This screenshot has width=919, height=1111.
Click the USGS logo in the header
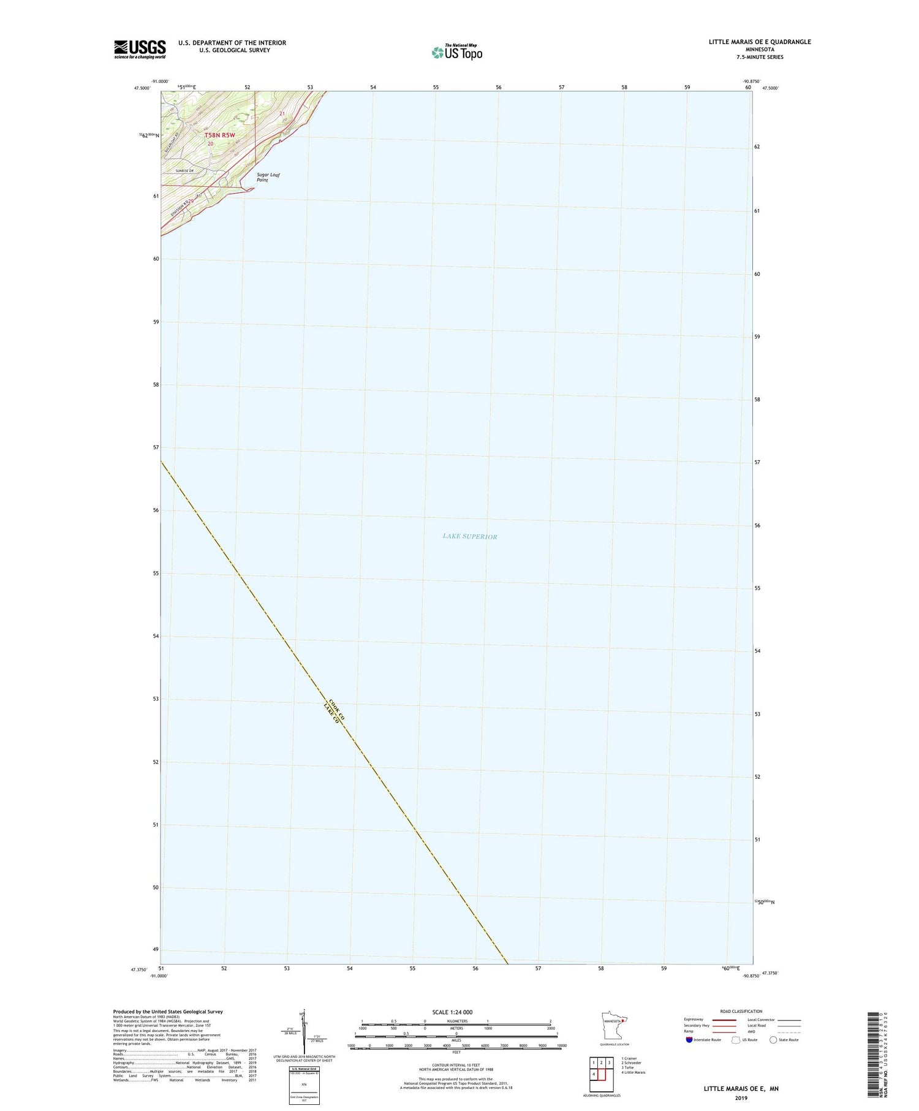coord(140,49)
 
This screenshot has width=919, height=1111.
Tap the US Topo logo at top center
coord(457,52)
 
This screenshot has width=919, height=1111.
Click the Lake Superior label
coord(470,536)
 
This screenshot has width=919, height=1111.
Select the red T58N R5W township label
coord(220,135)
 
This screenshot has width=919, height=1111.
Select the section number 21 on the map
coord(282,114)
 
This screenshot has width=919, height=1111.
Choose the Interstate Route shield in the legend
coord(689,1039)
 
